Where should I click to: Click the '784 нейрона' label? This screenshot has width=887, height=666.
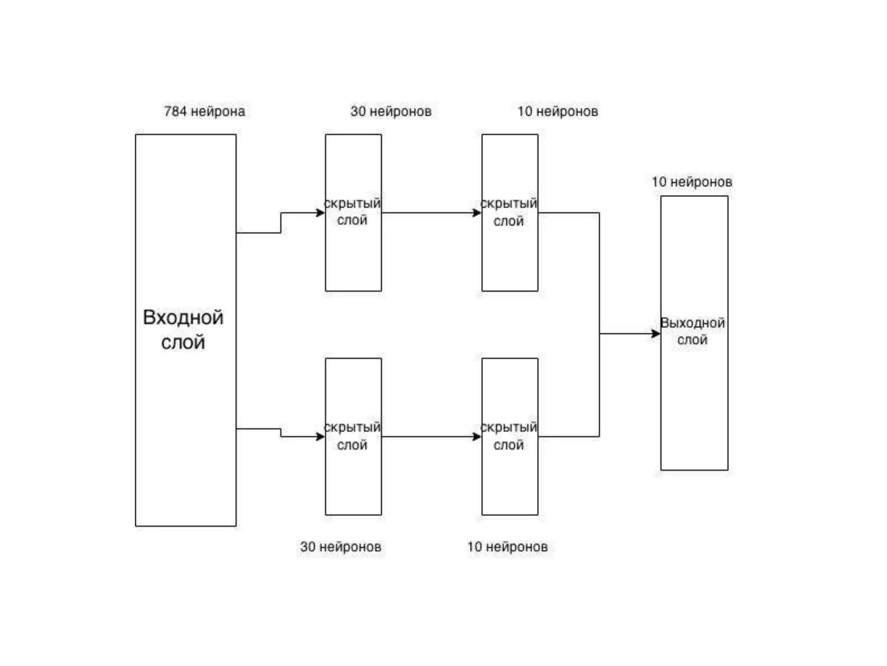pos(204,111)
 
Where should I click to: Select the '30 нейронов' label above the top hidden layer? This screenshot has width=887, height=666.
pos(391,111)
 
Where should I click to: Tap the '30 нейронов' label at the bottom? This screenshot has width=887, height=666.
pos(340,547)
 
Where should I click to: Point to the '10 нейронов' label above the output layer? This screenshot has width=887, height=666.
pos(692,182)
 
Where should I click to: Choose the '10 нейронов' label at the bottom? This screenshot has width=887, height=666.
pos(507,547)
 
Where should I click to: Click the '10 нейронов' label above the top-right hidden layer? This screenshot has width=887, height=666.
pos(558,111)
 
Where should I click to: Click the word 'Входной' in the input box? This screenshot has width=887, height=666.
pos(183,317)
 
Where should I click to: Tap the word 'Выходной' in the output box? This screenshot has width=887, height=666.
pos(693,323)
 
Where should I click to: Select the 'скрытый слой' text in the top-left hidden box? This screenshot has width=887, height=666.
pos(352,212)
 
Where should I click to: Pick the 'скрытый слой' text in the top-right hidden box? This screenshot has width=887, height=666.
pos(509,212)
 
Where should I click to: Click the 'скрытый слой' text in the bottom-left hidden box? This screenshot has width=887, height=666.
pos(352,436)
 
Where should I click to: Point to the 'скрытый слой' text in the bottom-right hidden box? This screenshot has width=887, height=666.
pos(509,436)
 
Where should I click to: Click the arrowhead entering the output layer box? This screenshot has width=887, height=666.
pos(656,333)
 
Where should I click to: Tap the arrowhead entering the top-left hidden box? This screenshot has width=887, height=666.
pos(321,212)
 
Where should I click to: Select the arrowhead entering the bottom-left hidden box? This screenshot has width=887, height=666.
pos(321,437)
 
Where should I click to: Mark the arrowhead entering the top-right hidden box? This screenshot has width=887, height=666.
pos(477,212)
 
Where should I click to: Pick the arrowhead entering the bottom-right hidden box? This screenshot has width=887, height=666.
pos(477,437)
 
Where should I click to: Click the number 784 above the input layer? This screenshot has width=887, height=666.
pos(175,111)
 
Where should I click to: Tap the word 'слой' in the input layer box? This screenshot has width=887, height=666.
pos(183,343)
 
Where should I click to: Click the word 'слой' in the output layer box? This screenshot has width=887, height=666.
pos(692,340)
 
